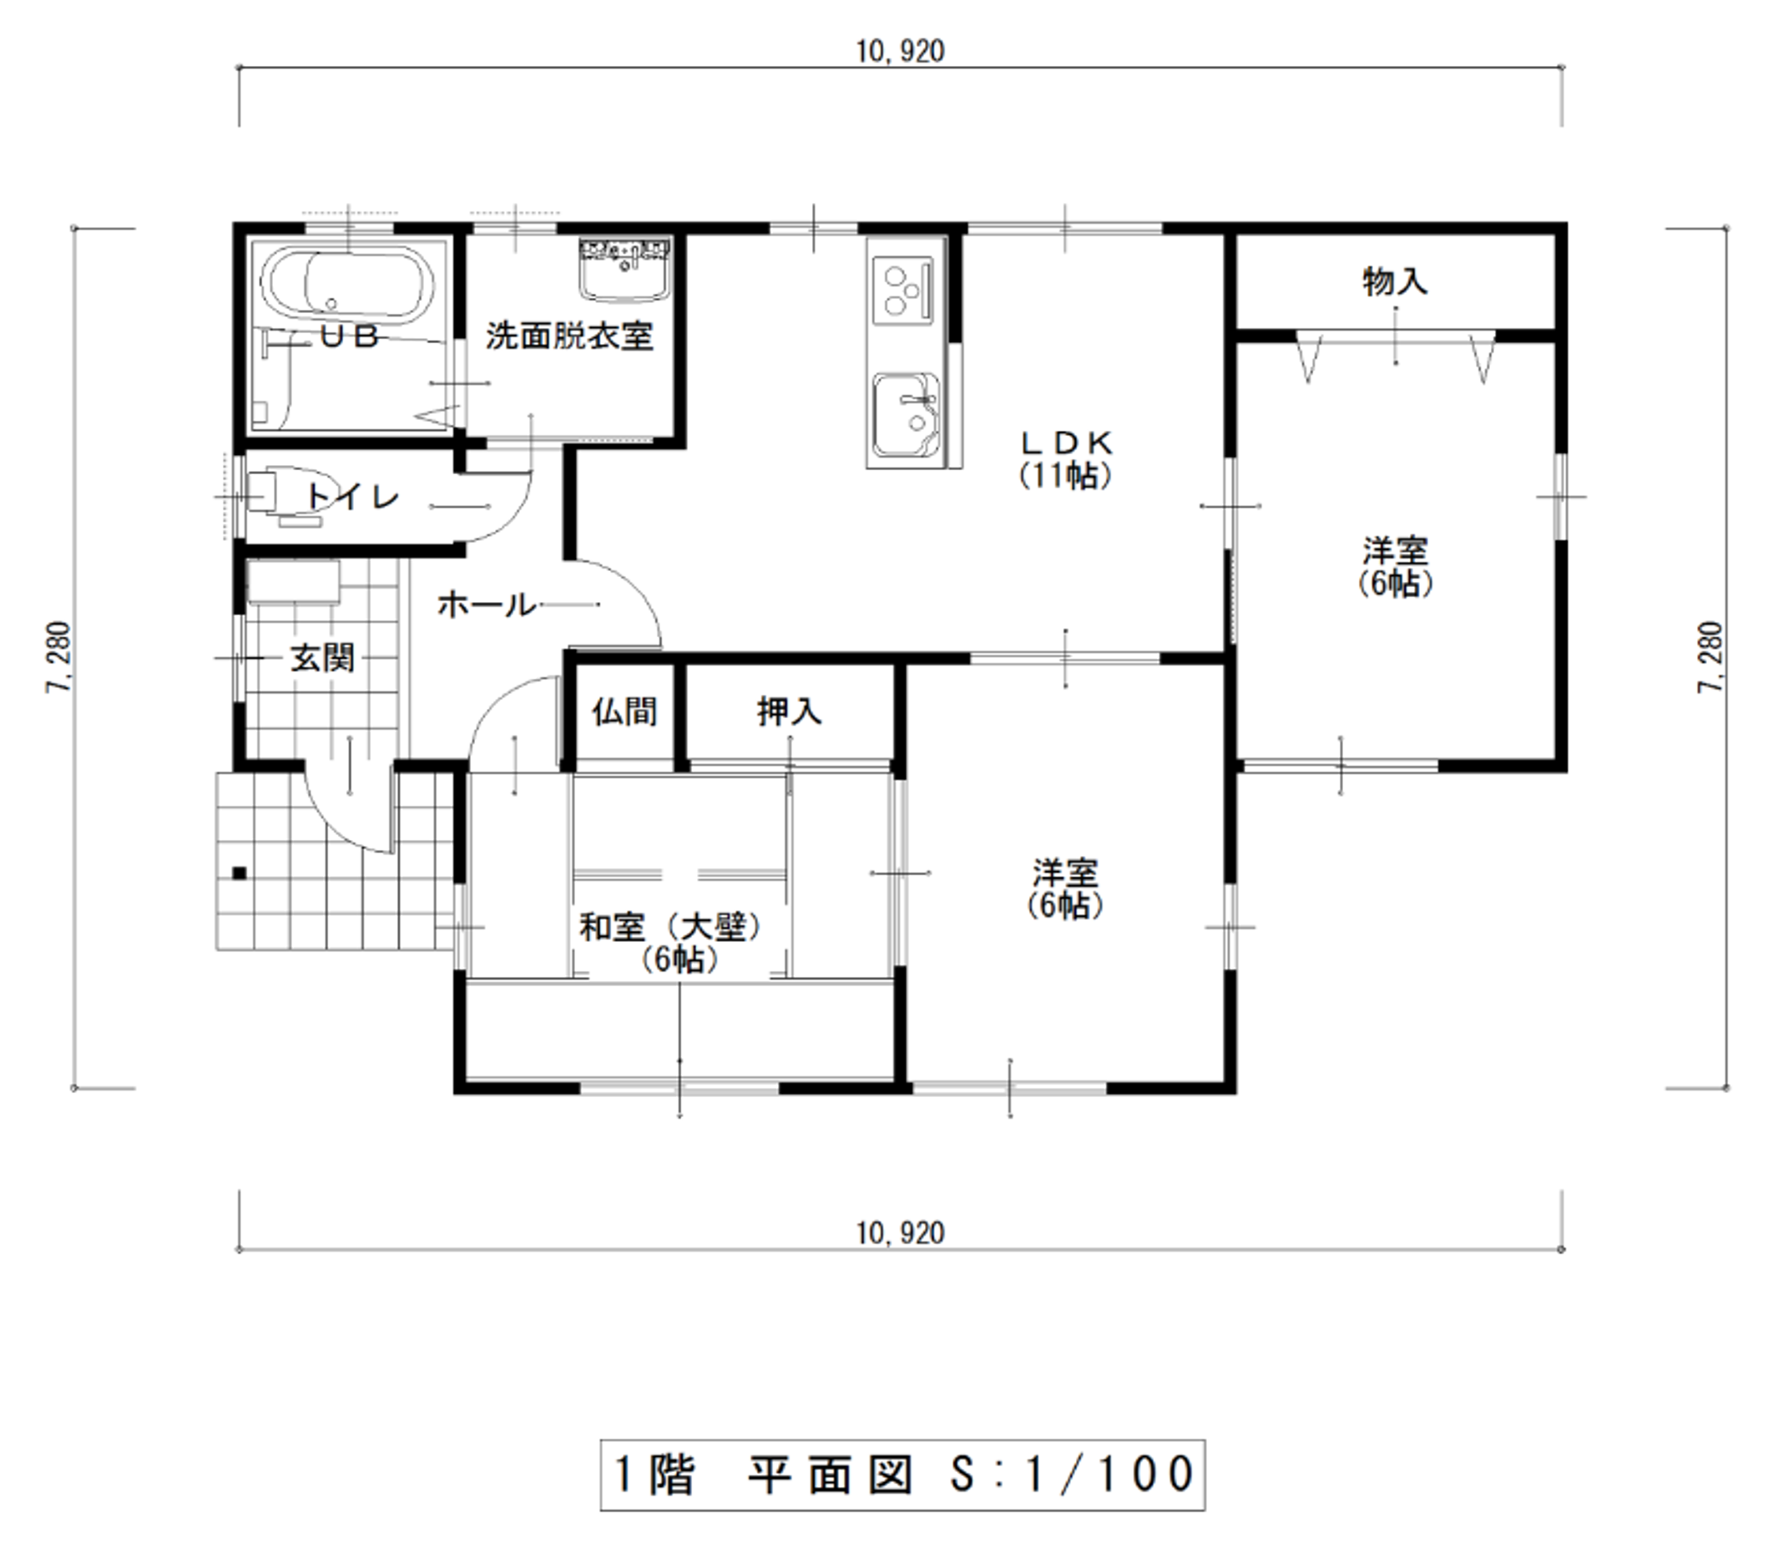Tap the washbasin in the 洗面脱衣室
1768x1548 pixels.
[626, 271]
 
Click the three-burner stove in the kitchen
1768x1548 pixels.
[902, 291]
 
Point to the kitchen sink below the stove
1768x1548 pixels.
[905, 415]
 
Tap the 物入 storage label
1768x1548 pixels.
[1395, 281]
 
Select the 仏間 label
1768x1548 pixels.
[624, 712]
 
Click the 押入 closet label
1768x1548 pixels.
[790, 712]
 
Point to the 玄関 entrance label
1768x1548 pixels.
[321, 657]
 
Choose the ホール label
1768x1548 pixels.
[487, 605]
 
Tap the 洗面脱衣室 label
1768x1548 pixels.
[569, 336]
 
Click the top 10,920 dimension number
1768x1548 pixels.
[900, 52]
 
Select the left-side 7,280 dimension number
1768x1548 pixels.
[58, 657]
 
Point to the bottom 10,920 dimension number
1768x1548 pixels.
[900, 1232]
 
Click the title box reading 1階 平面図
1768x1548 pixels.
[902, 1475]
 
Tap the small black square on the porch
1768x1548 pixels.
[240, 873]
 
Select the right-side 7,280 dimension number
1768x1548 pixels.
[1710, 657]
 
